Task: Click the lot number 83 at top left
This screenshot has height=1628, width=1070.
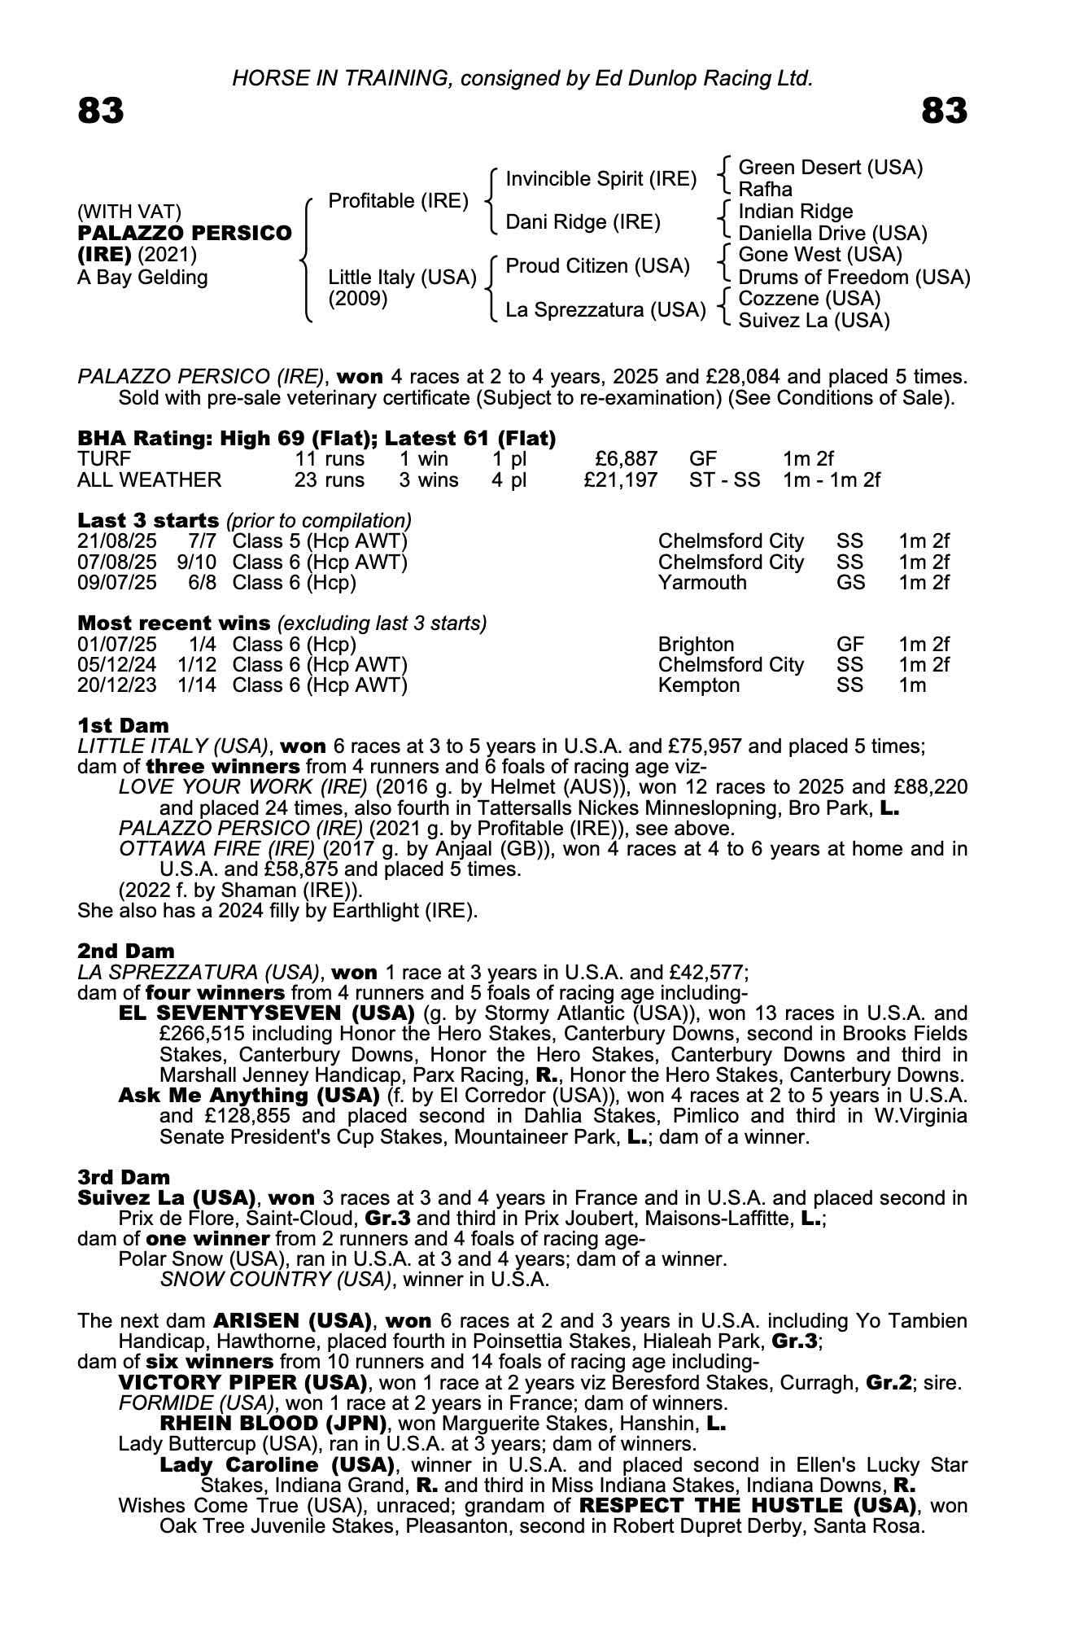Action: (x=101, y=112)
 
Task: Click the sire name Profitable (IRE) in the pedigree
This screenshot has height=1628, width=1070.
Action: (x=398, y=200)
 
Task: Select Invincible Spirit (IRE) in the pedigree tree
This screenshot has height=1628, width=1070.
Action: (x=601, y=178)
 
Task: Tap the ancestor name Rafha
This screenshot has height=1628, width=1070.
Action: (x=765, y=190)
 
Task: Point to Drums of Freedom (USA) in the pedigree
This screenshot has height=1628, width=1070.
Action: (x=854, y=278)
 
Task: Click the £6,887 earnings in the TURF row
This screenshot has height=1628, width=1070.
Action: (x=625, y=459)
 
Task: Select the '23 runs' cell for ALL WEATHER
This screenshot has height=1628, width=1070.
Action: (x=330, y=480)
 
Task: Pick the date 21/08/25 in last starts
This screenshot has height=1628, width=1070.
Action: (x=116, y=541)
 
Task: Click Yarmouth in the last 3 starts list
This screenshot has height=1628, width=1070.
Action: (x=701, y=583)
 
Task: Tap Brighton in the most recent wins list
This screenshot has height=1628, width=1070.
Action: (x=696, y=645)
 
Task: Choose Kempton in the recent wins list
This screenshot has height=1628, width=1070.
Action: (x=698, y=685)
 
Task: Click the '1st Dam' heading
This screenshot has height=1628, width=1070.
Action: (x=123, y=725)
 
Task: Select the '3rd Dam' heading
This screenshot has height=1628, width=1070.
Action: (x=124, y=1177)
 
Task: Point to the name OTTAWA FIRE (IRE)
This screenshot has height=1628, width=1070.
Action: (x=216, y=849)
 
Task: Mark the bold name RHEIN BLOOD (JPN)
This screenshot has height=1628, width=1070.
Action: (x=273, y=1424)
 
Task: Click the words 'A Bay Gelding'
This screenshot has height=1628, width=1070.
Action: (x=142, y=278)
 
